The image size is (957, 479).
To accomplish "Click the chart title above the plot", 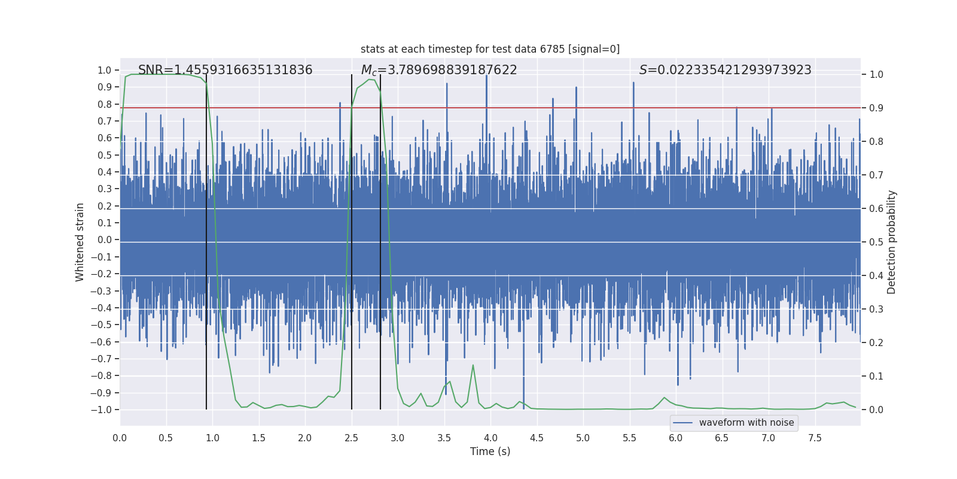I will [x=490, y=49].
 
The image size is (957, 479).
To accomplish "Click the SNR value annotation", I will [x=225, y=70].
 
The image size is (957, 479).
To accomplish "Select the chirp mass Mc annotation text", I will [x=439, y=70].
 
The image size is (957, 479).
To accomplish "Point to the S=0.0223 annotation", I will [x=725, y=70].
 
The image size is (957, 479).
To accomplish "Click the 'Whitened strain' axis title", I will [x=80, y=242].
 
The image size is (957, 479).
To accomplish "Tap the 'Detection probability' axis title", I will [x=892, y=242].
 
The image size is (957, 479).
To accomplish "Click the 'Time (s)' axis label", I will [x=490, y=451].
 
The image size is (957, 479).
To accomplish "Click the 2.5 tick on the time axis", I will [x=351, y=438].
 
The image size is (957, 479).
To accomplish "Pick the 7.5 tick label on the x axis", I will [x=815, y=438].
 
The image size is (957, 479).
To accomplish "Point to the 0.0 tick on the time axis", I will [x=120, y=438].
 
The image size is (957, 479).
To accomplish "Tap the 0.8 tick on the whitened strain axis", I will [x=105, y=104].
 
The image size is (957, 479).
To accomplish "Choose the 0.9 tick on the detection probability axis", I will [x=876, y=108].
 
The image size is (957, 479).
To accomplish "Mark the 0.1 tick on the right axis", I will [x=876, y=376].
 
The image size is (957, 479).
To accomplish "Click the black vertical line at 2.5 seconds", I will [x=352, y=239].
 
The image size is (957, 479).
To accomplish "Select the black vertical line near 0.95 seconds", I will [x=206, y=239].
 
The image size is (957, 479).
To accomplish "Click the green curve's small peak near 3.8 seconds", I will [x=473, y=365].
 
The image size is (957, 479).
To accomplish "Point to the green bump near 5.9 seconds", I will [x=664, y=398].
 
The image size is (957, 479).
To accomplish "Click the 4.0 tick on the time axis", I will [x=490, y=438].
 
